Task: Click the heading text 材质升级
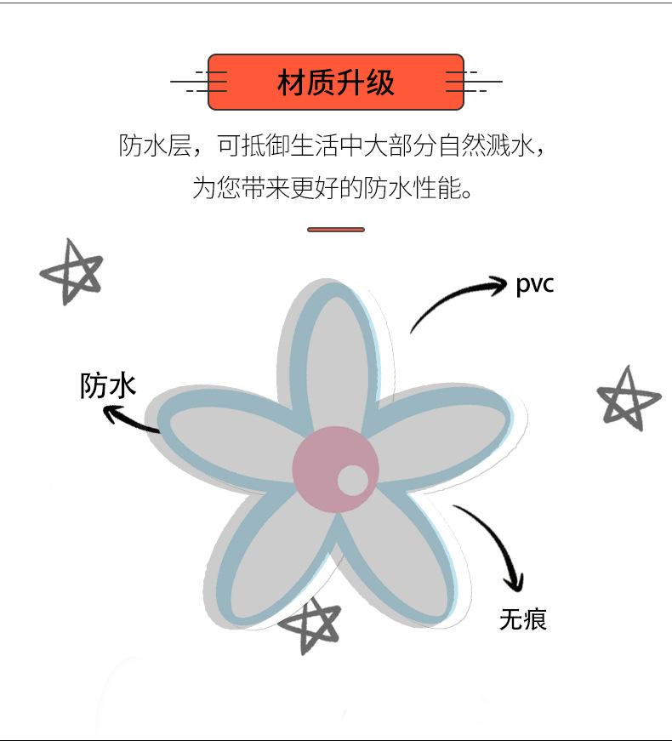pos(336,83)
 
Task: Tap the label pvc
pos(534,284)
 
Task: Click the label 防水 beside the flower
pos(108,385)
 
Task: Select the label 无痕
pos(522,618)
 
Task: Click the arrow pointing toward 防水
pos(129,419)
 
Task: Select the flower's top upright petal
pos(338,357)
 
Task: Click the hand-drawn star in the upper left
pos(71,271)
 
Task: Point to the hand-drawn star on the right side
pos(628,397)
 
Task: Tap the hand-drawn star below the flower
pos(311,624)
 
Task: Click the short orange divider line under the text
pos(336,230)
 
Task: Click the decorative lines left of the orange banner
pos(201,82)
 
